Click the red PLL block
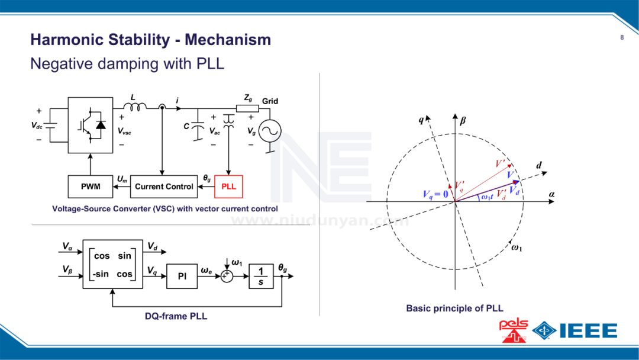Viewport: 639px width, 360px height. pos(228,187)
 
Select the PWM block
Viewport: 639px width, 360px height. pos(91,187)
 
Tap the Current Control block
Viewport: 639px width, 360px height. pos(164,187)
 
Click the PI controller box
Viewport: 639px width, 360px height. pos(182,277)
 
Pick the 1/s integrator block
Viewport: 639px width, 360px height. pos(261,277)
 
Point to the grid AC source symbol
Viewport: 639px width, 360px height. pos(269,131)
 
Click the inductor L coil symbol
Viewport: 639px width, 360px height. pos(135,107)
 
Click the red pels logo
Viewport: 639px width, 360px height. pos(512,330)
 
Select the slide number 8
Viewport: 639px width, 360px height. pos(622,38)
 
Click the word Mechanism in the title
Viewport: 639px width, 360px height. pos(228,40)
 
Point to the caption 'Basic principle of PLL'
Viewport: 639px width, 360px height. pos(454,308)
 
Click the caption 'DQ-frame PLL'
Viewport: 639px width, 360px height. pos(176,316)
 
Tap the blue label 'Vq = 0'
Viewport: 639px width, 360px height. pos(435,194)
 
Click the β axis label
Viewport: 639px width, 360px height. pos(463,121)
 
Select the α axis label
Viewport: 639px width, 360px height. pos(551,194)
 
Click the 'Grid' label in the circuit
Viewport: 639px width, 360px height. pos(270,101)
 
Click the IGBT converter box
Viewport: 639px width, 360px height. pos(90,126)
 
